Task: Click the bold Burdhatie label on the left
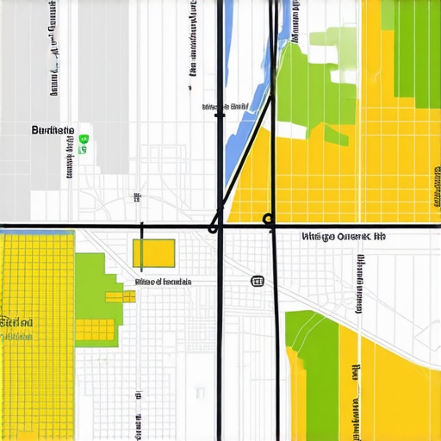tap(52, 130)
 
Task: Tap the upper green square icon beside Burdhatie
tap(83, 138)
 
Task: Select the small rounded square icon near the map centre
tap(256, 281)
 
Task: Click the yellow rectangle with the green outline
tap(153, 253)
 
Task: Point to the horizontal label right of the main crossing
tap(344, 236)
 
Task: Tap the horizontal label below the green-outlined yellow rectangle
tap(164, 282)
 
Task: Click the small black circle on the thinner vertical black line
tap(268, 219)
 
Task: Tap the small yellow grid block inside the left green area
tap(95, 329)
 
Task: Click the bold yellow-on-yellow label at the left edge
tap(16, 322)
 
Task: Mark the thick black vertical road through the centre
tap(220, 345)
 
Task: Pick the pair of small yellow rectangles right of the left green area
tap(121, 296)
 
